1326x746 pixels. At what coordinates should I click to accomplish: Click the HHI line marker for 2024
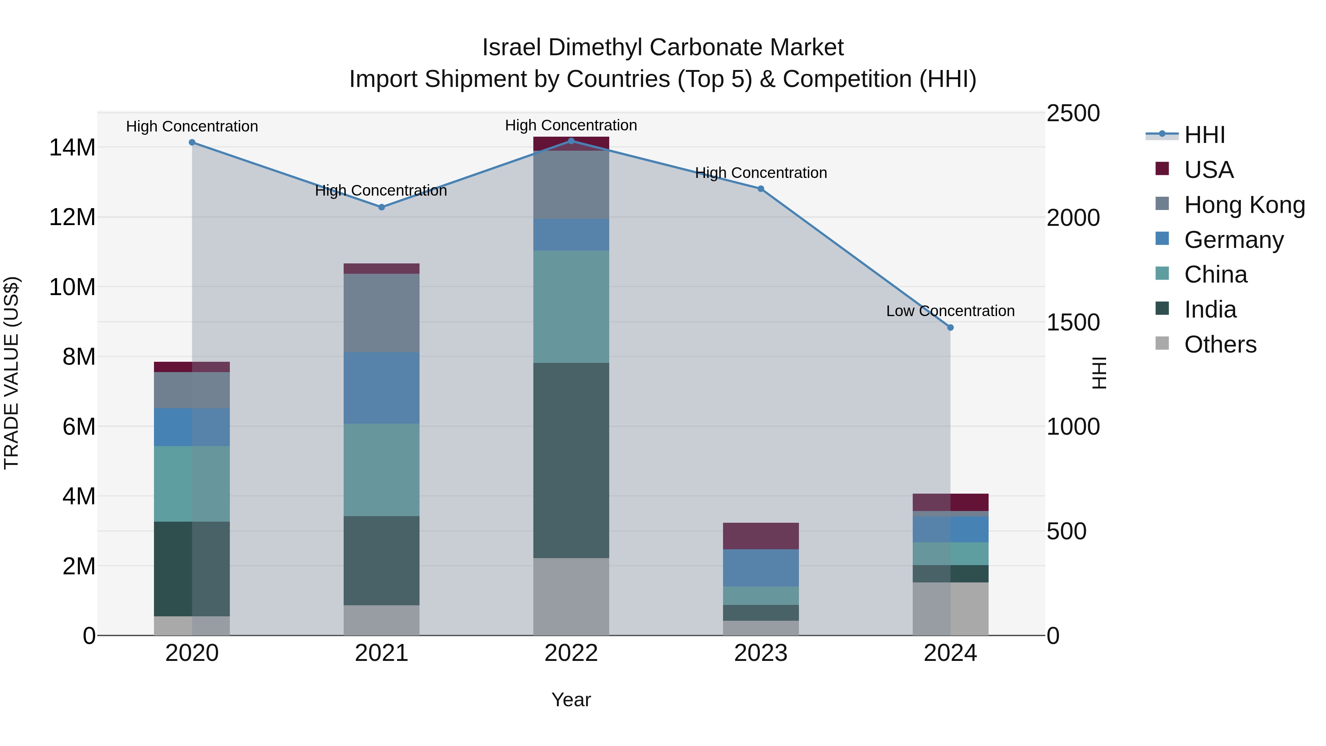tap(950, 328)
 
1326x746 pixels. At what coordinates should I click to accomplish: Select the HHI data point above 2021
tap(382, 207)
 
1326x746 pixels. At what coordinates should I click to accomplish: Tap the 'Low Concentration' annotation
tap(950, 311)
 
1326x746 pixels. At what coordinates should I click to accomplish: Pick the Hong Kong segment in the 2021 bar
tap(382, 313)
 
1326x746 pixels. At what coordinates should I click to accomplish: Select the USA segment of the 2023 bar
tap(761, 536)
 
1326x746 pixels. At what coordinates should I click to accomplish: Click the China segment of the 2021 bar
tap(382, 470)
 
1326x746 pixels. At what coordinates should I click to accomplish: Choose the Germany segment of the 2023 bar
tap(761, 567)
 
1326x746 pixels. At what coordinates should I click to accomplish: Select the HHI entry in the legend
tap(1204, 136)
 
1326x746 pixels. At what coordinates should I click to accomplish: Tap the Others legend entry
tap(1220, 344)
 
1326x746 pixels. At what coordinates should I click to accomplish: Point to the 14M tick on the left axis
tap(72, 148)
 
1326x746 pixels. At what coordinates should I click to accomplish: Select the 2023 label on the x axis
tap(761, 653)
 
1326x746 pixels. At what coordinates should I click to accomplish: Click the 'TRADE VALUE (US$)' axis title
tap(11, 373)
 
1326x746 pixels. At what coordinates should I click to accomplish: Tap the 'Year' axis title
tap(571, 700)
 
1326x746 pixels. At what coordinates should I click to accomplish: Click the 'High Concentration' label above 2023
tap(761, 173)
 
